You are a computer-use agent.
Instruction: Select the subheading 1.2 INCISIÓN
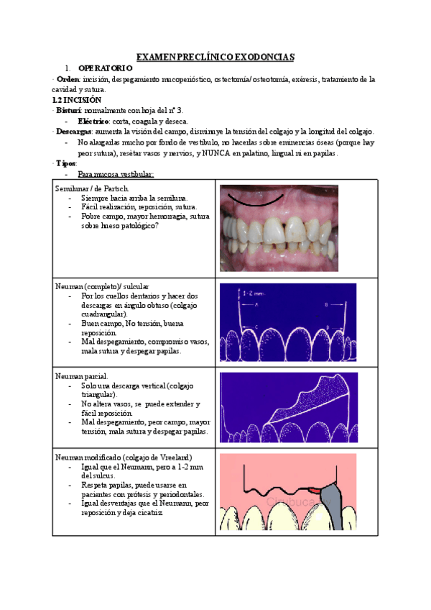[x=78, y=100]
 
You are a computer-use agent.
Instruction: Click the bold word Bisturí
[x=70, y=110]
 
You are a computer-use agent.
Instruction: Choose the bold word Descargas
[x=73, y=132]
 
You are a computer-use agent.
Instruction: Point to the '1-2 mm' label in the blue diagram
[x=246, y=293]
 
